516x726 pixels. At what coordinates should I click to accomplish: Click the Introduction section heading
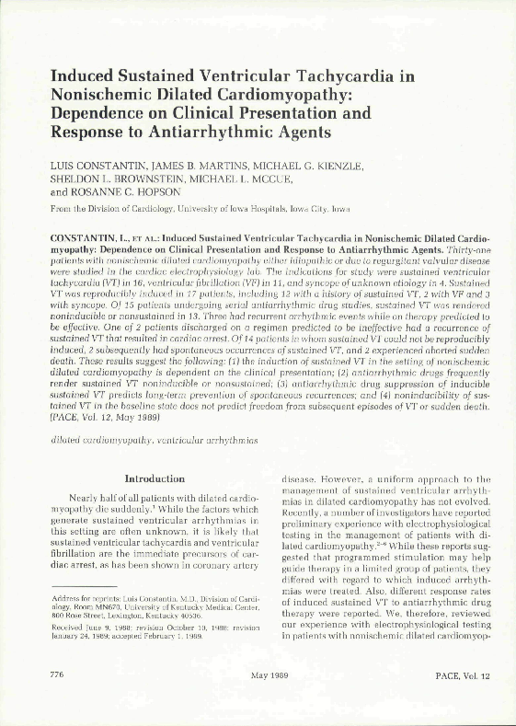[154, 478]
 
